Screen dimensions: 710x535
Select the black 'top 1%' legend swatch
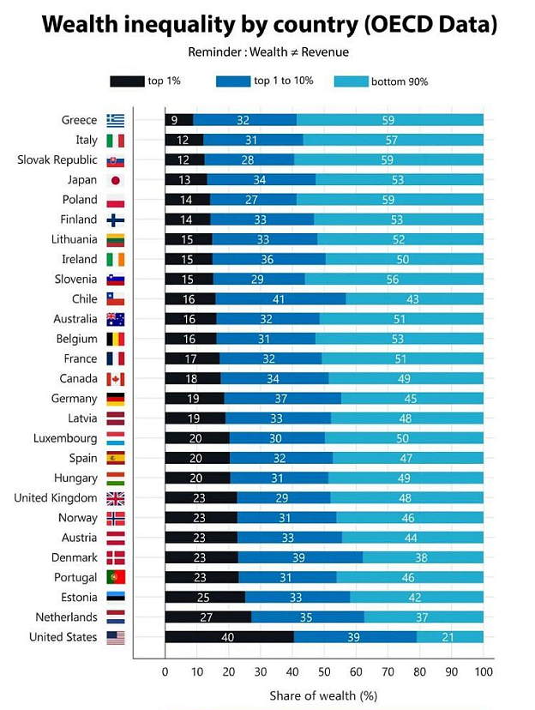pyautogui.click(x=127, y=81)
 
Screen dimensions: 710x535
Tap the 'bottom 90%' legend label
pyautogui.click(x=400, y=81)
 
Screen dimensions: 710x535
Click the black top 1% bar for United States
pyautogui.click(x=229, y=637)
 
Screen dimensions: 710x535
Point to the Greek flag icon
pyautogui.click(x=116, y=120)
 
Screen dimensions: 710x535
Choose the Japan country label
pyautogui.click(x=82, y=180)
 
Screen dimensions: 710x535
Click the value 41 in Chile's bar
pyautogui.click(x=280, y=299)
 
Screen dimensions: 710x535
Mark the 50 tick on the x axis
pyautogui.click(x=324, y=672)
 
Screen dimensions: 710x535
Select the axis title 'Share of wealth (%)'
pyautogui.click(x=323, y=695)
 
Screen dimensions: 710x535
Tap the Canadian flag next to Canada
pyautogui.click(x=116, y=379)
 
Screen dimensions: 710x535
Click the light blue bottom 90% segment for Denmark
pyautogui.click(x=423, y=557)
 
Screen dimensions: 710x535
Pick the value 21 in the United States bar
pyautogui.click(x=447, y=637)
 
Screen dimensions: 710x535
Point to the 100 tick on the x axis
pyautogui.click(x=484, y=672)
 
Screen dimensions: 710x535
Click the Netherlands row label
pyautogui.click(x=66, y=617)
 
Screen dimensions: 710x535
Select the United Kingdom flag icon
pyautogui.click(x=116, y=498)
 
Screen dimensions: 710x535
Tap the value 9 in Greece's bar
pyautogui.click(x=174, y=120)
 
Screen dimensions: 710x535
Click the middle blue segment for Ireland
pyautogui.click(x=268, y=260)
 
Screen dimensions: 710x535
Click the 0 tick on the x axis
pyautogui.click(x=165, y=672)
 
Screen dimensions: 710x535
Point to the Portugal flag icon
pyautogui.click(x=116, y=577)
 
